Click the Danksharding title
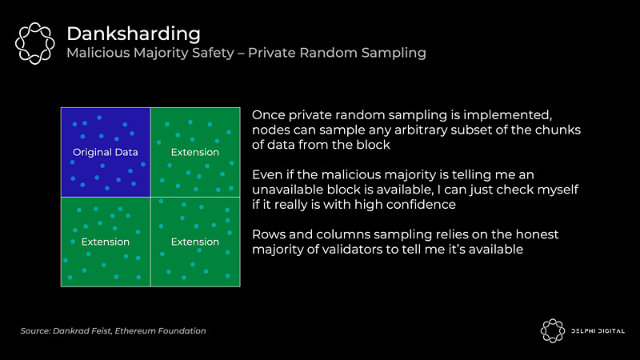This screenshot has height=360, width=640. pos(134,34)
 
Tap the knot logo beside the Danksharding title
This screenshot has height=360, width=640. pos(34,43)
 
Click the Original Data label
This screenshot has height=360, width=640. pos(106,152)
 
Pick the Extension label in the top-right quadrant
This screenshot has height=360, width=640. pos(195,152)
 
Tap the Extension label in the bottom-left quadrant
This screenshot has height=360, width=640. pos(106,242)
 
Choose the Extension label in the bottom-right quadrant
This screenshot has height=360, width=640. pos(195,242)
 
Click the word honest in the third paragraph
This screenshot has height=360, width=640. pos(537,234)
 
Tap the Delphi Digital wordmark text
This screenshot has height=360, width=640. pos(598,331)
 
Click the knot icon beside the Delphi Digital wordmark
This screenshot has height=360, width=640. pos(553,331)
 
